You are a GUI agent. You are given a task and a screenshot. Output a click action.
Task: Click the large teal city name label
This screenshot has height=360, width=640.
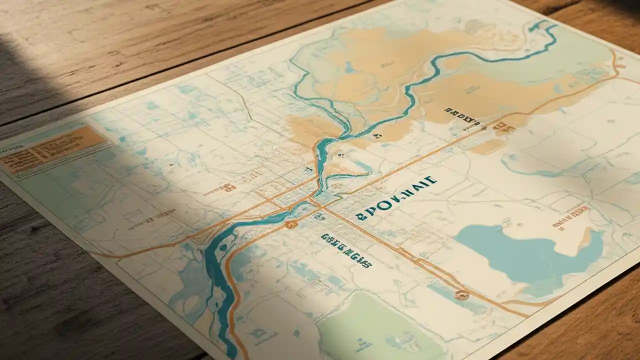[394, 198]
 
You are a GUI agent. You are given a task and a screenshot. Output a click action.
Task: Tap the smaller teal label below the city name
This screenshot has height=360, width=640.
[346, 249]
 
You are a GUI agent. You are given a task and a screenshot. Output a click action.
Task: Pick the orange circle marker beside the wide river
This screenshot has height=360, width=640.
[290, 224]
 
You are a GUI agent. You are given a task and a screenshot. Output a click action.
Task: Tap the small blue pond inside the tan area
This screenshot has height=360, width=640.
[349, 67]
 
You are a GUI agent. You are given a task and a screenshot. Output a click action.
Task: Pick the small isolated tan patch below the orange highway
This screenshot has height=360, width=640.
[487, 146]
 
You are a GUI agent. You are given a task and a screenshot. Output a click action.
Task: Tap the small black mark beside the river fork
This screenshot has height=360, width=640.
[378, 135]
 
